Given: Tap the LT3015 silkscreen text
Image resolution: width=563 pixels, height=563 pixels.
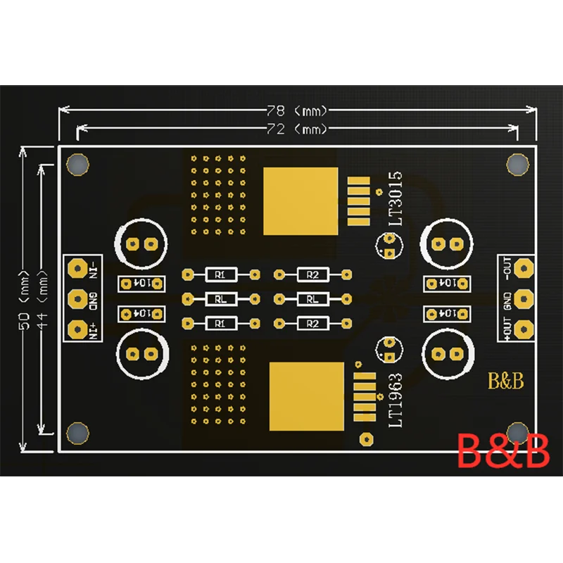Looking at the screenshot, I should click(396, 199).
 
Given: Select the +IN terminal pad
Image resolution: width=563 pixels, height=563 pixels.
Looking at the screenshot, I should click(76, 328).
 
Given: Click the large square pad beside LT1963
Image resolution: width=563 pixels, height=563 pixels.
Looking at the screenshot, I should click(308, 396).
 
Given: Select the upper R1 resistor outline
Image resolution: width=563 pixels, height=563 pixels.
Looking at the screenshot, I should click(220, 274).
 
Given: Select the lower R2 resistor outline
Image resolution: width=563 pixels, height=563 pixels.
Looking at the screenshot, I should click(312, 323).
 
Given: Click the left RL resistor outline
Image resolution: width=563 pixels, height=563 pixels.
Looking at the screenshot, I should click(220, 298).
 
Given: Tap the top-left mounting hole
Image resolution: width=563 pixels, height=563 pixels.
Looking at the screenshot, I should click(77, 165).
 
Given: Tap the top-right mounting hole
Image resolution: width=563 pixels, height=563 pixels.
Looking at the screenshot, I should click(517, 164).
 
